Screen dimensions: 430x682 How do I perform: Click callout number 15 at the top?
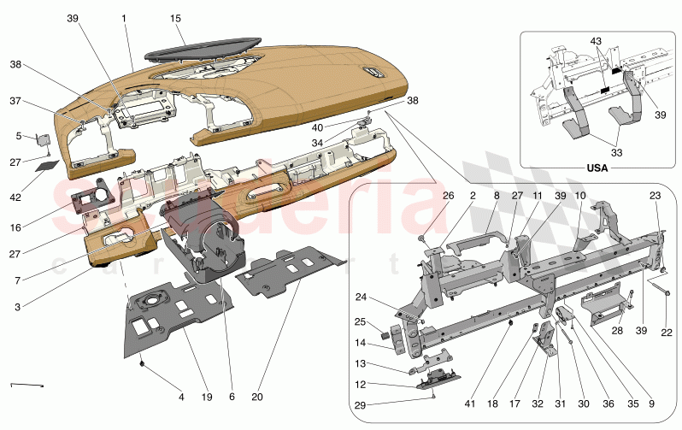(175, 18)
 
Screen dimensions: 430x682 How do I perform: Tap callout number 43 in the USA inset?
(597, 43)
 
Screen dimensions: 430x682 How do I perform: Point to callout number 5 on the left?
(18, 135)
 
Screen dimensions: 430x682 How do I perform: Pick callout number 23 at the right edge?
(655, 196)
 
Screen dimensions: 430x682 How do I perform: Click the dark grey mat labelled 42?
(48, 166)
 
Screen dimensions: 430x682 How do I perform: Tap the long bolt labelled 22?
(667, 295)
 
